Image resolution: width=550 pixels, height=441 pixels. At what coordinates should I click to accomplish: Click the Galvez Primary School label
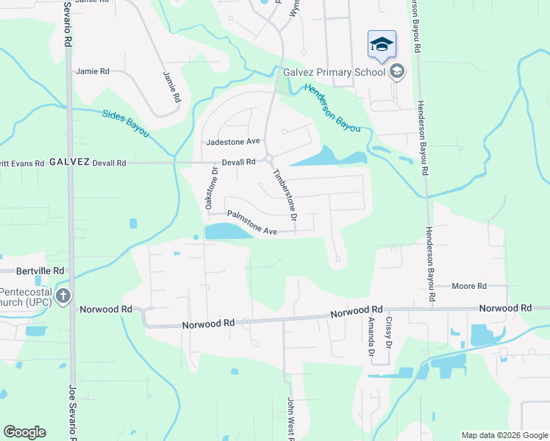(x=335, y=71)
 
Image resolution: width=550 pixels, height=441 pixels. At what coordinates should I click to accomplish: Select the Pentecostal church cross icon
(x=63, y=297)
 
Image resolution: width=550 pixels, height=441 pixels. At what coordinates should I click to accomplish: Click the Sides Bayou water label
(x=126, y=123)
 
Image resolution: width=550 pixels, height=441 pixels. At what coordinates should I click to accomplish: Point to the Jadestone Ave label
(x=234, y=141)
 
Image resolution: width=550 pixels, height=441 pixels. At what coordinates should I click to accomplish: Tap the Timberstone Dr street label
(x=285, y=196)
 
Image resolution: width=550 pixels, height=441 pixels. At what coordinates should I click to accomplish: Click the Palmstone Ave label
(x=251, y=223)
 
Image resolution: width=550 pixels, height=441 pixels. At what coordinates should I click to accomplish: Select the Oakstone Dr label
(x=211, y=188)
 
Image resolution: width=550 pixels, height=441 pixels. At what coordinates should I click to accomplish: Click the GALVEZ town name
(x=70, y=162)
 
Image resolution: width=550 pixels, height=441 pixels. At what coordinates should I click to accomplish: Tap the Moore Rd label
(x=469, y=286)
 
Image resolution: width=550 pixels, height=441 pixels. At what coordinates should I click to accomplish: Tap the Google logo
(x=24, y=432)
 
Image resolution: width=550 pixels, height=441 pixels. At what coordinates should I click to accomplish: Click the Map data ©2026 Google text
(x=504, y=435)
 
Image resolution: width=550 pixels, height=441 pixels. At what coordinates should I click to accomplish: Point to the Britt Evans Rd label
(x=22, y=163)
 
